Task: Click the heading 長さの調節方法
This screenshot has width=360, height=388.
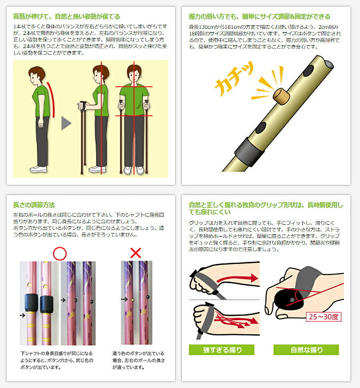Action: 34,205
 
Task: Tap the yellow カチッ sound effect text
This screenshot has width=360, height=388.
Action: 234,79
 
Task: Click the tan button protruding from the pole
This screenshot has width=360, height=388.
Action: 282,96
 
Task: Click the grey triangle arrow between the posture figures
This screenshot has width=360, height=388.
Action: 66,123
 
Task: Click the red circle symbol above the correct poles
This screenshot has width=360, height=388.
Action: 60,253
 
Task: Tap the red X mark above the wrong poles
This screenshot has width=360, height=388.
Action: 136,253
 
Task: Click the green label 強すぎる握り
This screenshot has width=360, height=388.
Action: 221,350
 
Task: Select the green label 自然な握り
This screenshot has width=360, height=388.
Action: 306,350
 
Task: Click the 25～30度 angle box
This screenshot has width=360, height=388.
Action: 324,317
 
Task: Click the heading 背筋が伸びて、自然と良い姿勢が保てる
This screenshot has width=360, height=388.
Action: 66,17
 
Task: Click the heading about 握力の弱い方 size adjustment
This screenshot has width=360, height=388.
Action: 260,17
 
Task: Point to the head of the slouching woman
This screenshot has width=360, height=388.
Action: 36,75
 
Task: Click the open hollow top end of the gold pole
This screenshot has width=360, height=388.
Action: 328,64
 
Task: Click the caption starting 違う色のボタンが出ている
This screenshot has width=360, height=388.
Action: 138,360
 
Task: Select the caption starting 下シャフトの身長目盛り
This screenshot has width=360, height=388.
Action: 57,360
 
